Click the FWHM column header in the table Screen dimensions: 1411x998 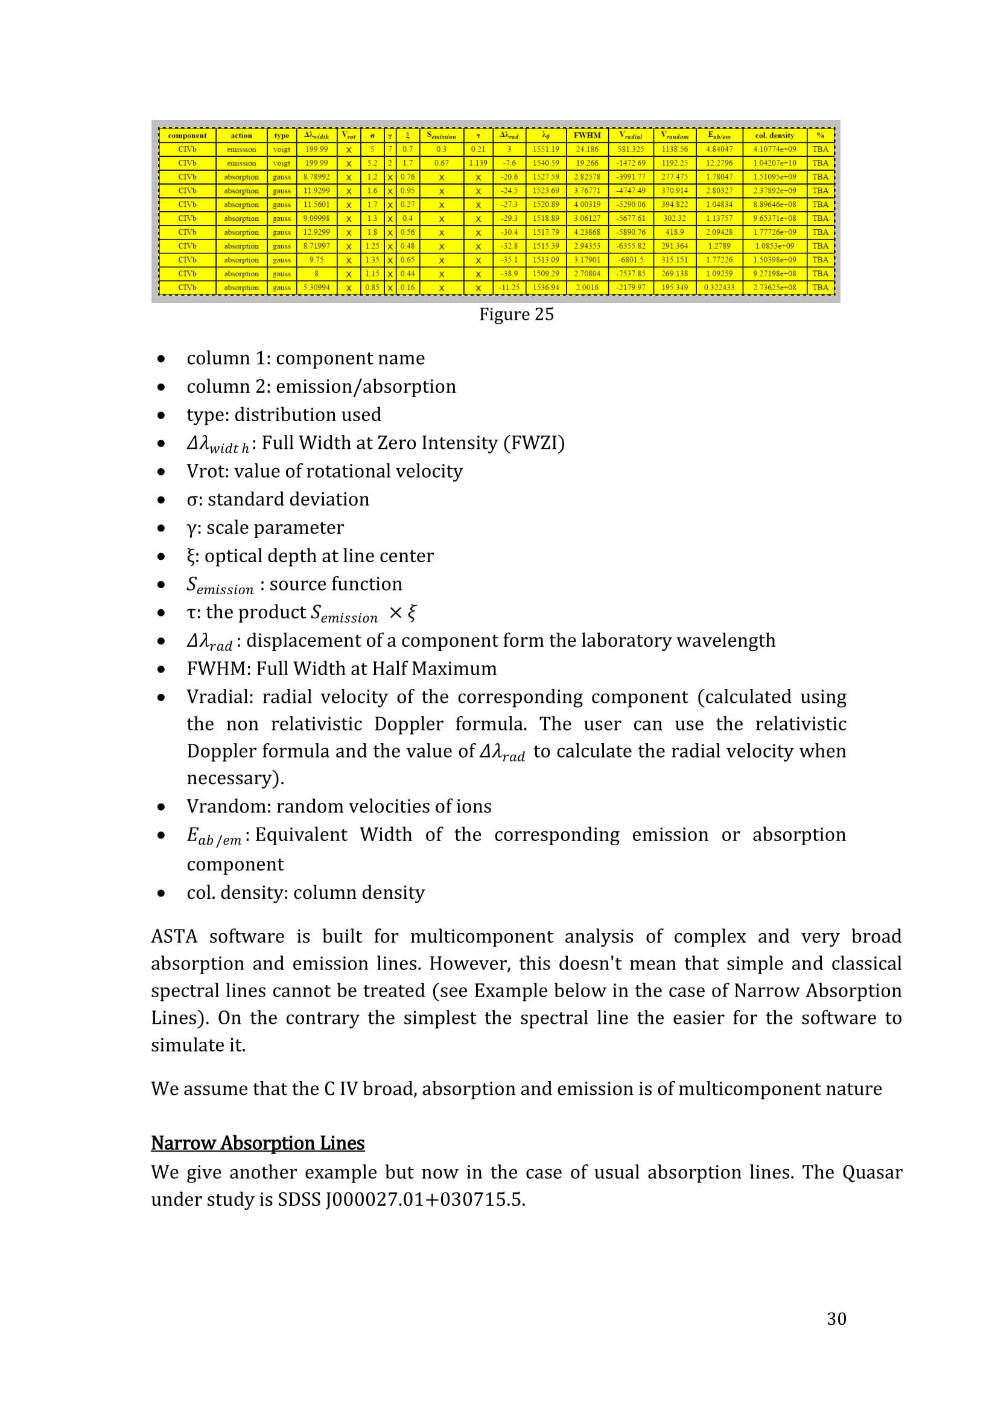[587, 135]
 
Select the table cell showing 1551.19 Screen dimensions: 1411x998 [545, 150]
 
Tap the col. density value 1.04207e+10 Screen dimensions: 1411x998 [774, 163]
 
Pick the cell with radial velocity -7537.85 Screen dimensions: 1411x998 [631, 273]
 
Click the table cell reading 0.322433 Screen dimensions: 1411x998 [719, 288]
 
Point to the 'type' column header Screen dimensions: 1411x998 [281, 135]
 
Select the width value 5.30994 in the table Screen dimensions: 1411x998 [317, 288]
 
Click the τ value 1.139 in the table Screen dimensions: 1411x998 [477, 163]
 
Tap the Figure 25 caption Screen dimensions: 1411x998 [516, 314]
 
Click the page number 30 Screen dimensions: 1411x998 [836, 1319]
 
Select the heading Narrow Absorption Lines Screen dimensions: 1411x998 [258, 1143]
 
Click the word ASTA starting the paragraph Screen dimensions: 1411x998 [174, 936]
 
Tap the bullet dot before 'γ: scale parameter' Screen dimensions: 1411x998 [161, 528]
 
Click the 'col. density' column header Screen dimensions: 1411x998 [774, 135]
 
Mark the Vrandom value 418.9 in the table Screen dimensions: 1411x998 [674, 232]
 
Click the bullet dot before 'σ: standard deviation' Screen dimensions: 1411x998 [161, 499]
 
